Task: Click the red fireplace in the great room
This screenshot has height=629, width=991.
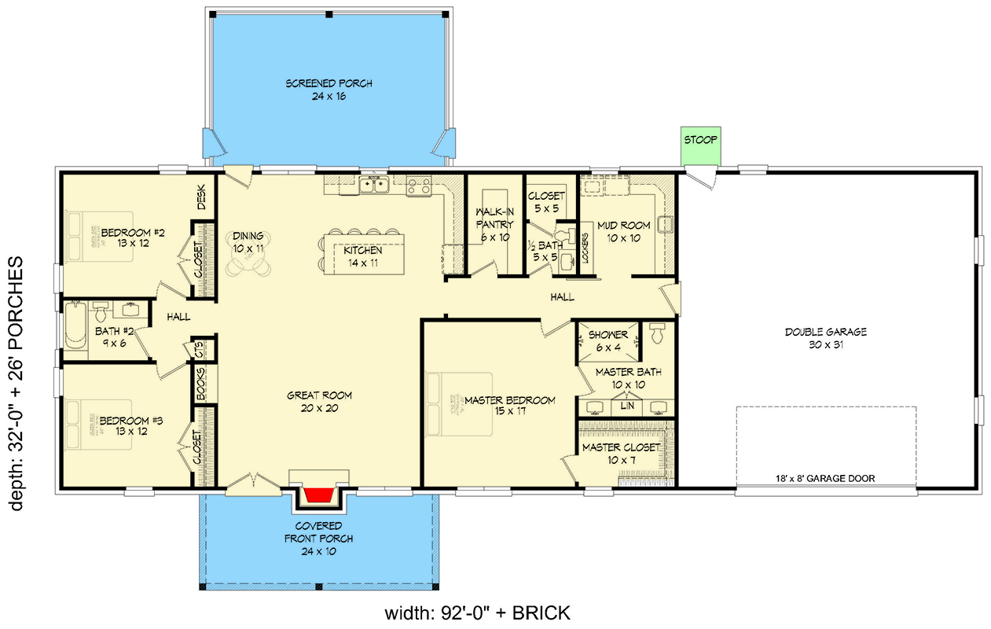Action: pos(318,496)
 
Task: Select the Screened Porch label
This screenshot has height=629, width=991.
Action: pos(328,90)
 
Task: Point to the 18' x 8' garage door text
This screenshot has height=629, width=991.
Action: pos(824,478)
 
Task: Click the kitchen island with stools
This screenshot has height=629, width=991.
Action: pos(362,252)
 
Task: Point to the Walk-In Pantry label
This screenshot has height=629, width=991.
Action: pos(494,224)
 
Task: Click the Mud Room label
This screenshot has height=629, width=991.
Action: pos(623,231)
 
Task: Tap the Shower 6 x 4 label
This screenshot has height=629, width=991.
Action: pos(607,340)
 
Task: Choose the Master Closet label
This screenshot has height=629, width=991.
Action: pos(620,453)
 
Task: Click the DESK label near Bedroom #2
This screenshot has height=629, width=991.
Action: pos(201,197)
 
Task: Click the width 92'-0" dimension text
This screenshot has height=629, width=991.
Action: pos(477,613)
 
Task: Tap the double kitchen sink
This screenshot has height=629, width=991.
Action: pos(374,186)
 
